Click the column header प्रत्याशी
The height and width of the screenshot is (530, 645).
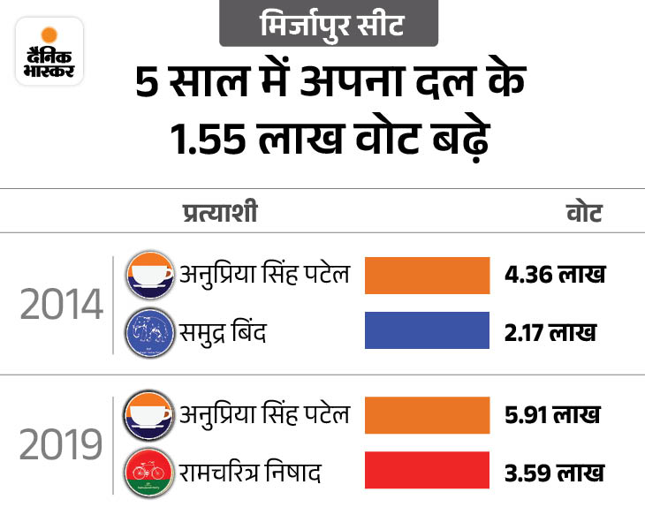[221, 213]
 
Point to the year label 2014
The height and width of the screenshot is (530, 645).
[61, 307]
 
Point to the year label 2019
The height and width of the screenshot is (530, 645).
[61, 445]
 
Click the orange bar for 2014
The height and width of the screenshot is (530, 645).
[426, 275]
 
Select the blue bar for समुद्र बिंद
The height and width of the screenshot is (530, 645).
[426, 330]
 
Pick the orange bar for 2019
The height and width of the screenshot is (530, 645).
[426, 413]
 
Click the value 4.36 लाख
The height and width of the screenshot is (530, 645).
[555, 275]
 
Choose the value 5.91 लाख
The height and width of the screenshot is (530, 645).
[553, 413]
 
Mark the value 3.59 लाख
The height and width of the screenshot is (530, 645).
[555, 472]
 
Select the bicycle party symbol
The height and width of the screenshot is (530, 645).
[148, 473]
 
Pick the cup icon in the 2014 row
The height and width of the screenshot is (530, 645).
[148, 275]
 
